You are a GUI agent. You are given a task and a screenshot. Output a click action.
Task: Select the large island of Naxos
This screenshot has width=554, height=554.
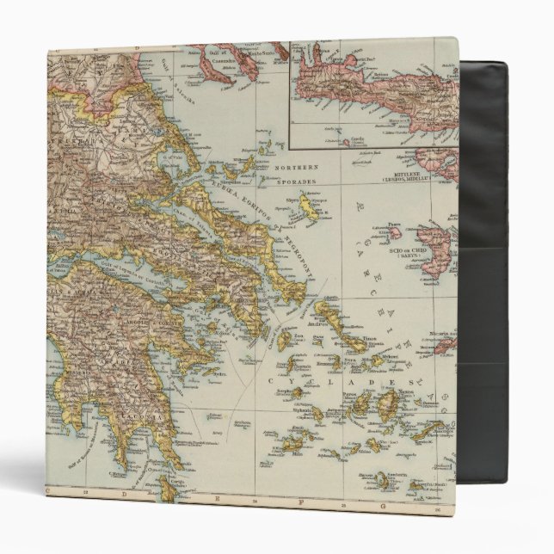click(387, 403)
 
